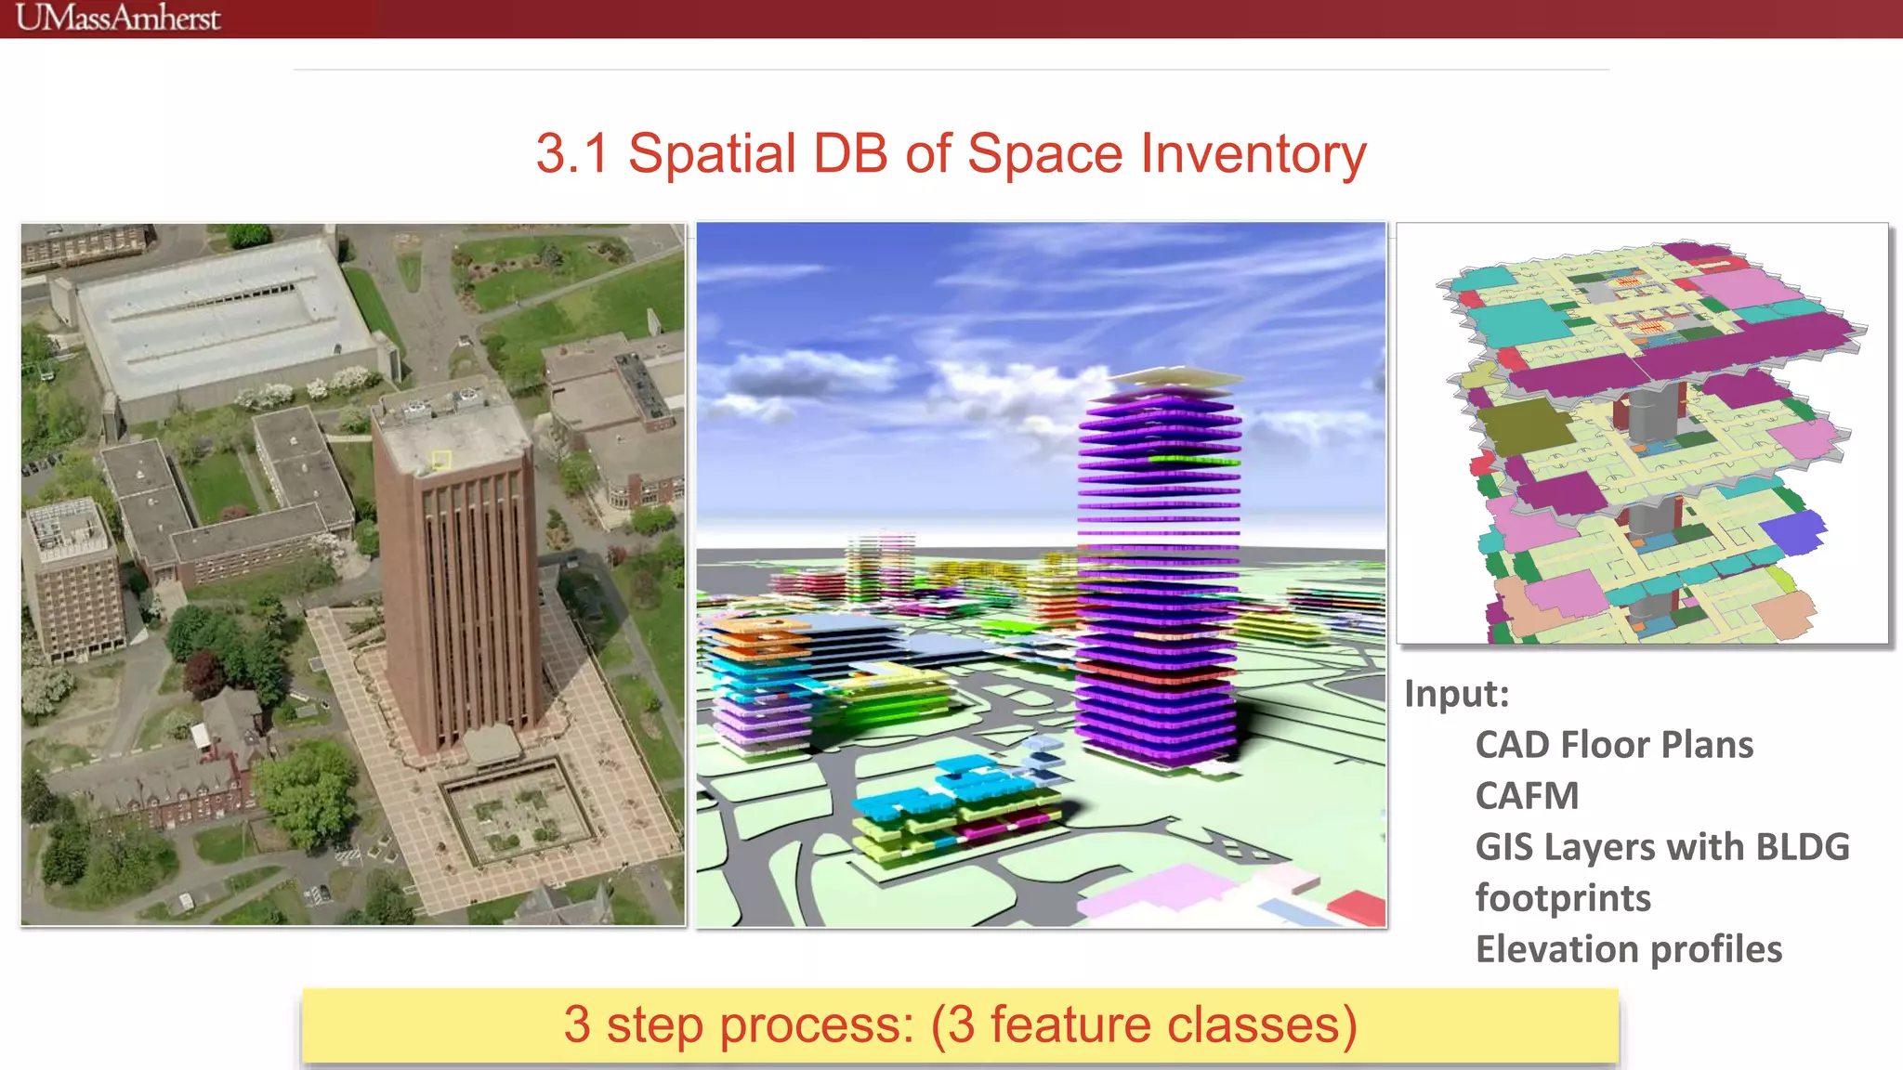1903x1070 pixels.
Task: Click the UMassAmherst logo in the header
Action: [118, 18]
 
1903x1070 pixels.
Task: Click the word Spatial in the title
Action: [712, 153]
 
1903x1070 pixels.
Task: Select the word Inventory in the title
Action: [1253, 153]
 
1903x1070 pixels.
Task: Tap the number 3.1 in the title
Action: [571, 153]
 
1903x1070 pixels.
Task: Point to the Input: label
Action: [1456, 694]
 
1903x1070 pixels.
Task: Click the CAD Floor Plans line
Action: [1614, 745]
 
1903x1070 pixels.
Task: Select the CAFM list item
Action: [1527, 796]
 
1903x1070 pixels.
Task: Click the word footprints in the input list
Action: [1563, 898]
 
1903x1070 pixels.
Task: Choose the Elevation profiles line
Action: [1628, 949]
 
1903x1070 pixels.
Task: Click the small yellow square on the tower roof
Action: [440, 460]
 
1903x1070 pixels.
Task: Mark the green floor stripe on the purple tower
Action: [1193, 460]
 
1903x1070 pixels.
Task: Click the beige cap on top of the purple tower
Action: [1175, 378]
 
